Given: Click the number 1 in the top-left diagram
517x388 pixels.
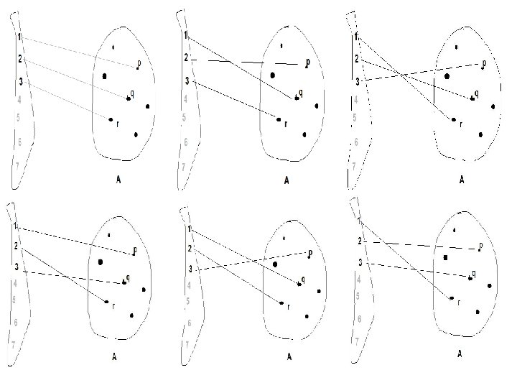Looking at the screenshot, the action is (21, 36).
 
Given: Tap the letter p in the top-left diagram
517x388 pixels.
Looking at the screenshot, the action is (139, 63).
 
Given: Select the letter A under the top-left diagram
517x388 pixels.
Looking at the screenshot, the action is (118, 180).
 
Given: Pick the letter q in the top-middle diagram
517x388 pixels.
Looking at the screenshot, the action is (300, 92).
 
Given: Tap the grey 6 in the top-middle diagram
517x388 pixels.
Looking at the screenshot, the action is (186, 142).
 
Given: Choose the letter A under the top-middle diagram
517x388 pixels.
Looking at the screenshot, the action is (286, 180).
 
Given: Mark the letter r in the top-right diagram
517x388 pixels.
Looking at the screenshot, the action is (460, 123).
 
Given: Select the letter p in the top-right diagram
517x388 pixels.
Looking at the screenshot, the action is (484, 63).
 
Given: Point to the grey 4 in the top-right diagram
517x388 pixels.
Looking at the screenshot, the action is (356, 99).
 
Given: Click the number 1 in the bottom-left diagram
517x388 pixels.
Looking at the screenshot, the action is (16, 227).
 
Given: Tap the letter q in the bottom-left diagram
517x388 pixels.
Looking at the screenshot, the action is (128, 277).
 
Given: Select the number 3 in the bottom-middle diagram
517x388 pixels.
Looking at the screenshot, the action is (190, 269).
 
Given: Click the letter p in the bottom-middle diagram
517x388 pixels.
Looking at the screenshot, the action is (309, 252).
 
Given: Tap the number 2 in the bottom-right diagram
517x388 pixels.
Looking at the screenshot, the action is (360, 241).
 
